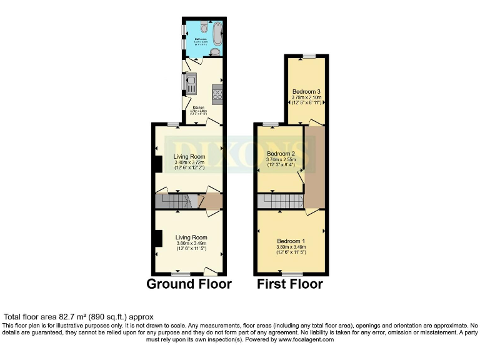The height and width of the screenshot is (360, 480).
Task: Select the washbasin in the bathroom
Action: pyautogui.click(x=215, y=52)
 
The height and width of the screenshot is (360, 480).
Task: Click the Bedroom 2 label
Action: pyautogui.click(x=281, y=153)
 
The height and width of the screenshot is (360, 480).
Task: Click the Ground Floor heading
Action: pyautogui.click(x=189, y=284)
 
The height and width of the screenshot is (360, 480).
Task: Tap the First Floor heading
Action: pyautogui.click(x=290, y=284)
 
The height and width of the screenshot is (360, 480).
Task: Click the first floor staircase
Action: pyautogui.click(x=279, y=201)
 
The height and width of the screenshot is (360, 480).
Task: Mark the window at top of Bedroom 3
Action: pyautogui.click(x=309, y=56)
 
